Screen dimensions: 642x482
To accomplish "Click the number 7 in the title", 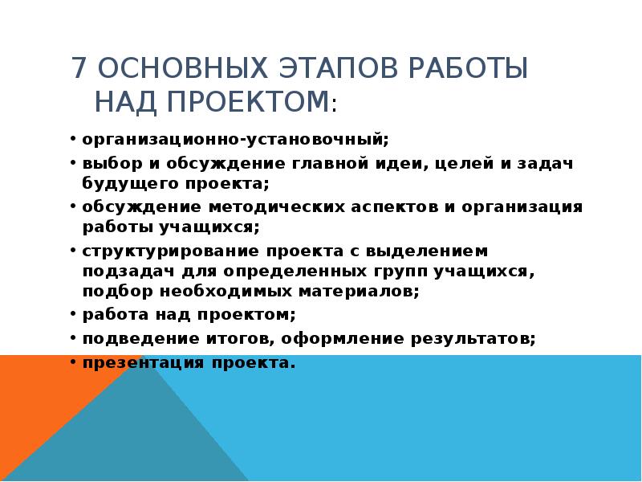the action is tap(79, 68).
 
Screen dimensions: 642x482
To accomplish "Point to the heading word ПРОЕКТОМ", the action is tap(248, 101).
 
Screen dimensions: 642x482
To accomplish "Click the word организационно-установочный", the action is tap(235, 139).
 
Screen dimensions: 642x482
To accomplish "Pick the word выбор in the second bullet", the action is tap(112, 164).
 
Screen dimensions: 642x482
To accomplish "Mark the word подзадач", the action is tap(129, 272).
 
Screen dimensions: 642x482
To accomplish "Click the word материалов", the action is tap(359, 292).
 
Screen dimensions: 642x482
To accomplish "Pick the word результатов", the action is tap(473, 338).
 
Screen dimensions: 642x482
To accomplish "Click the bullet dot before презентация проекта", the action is tap(73, 362).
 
